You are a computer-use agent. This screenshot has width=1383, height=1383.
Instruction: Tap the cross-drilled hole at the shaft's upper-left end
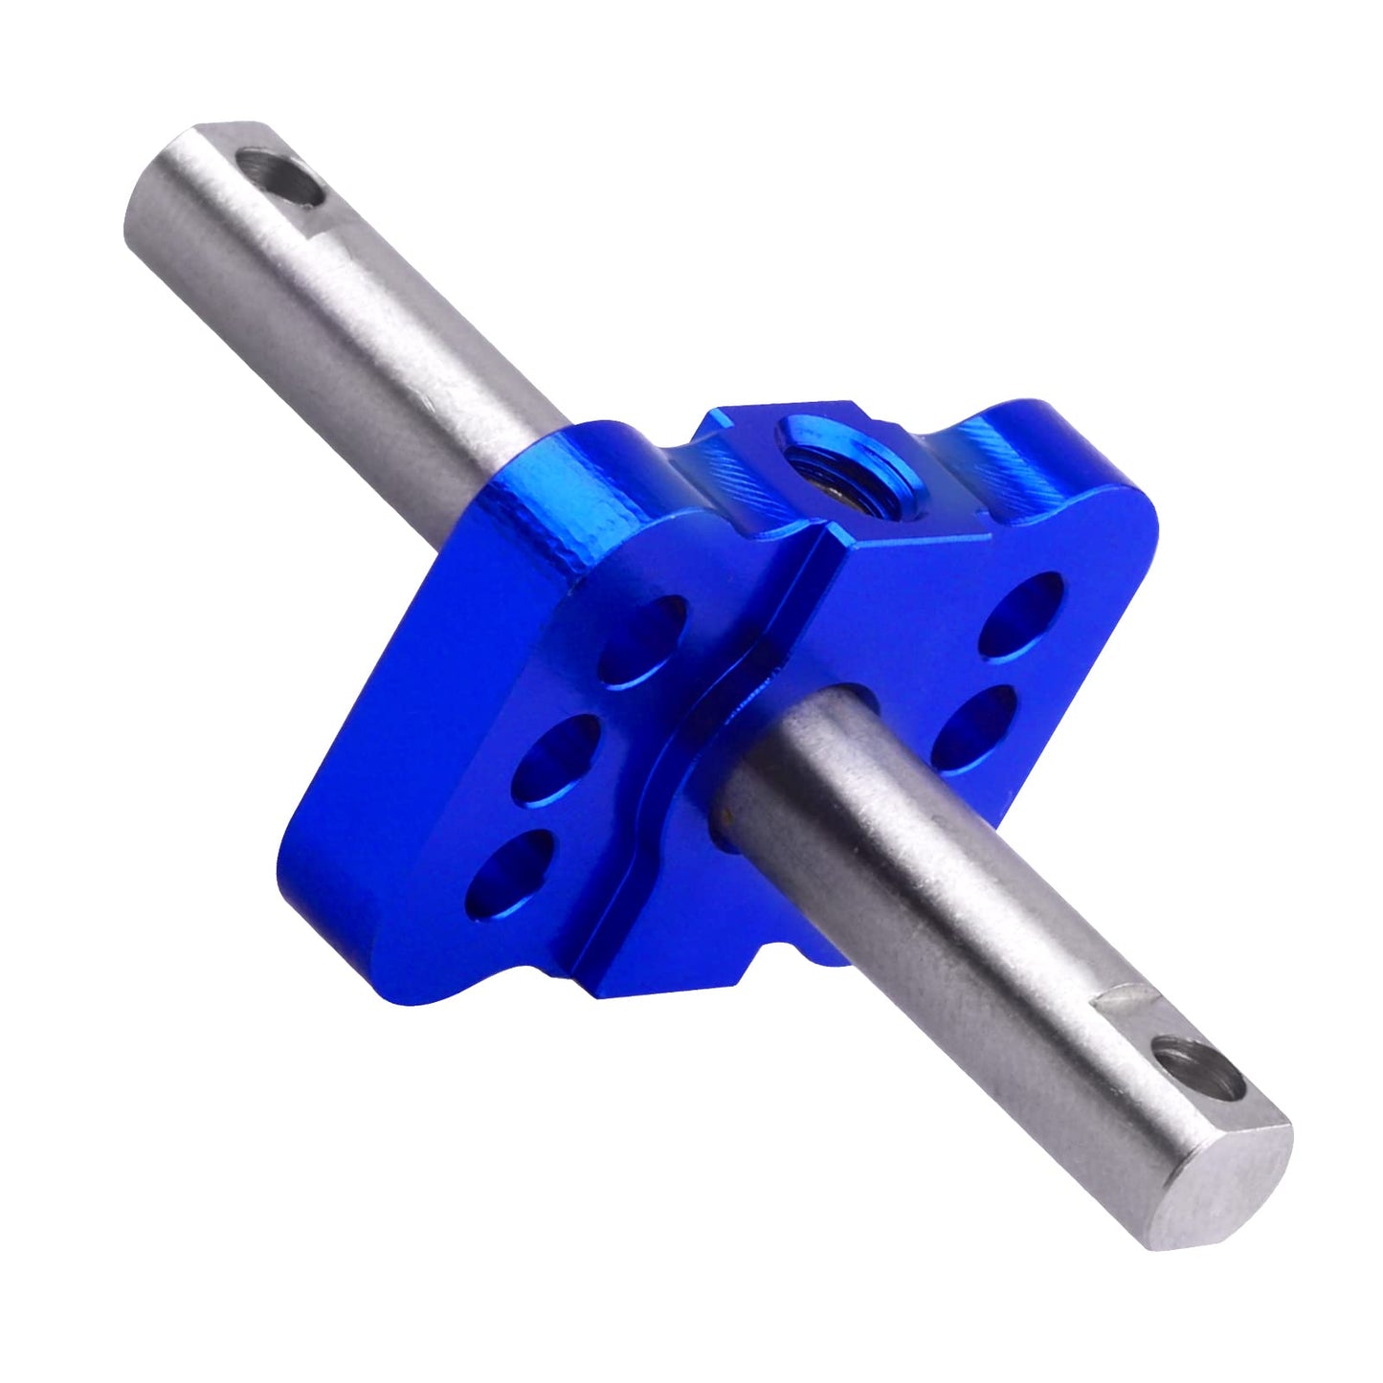coord(281,175)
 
